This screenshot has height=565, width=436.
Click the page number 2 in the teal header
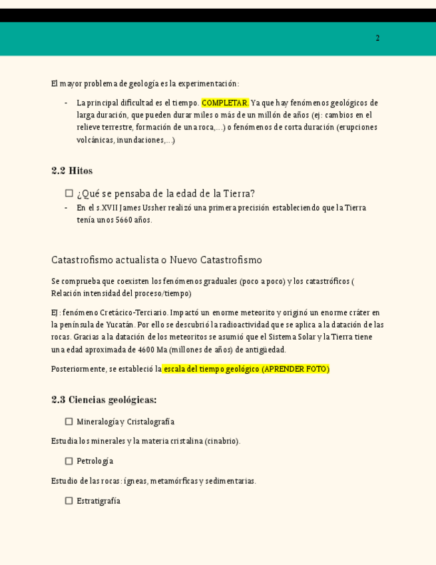[x=377, y=38]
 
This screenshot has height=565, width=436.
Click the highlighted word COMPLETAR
[x=225, y=103]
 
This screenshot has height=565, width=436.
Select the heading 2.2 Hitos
[x=72, y=171]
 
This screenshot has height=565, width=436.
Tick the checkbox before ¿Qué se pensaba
[x=69, y=193]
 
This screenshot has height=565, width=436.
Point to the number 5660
[x=124, y=220]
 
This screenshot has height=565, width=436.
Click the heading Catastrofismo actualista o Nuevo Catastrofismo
[x=156, y=260]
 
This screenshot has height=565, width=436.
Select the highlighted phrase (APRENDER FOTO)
[x=295, y=368]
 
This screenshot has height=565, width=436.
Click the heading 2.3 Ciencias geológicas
[x=104, y=400]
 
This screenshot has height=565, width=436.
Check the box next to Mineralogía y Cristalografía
[x=69, y=422]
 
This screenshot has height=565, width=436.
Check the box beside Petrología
[x=69, y=461]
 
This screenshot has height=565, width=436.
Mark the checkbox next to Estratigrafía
[x=69, y=500]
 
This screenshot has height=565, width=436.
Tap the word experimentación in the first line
[x=210, y=83]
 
